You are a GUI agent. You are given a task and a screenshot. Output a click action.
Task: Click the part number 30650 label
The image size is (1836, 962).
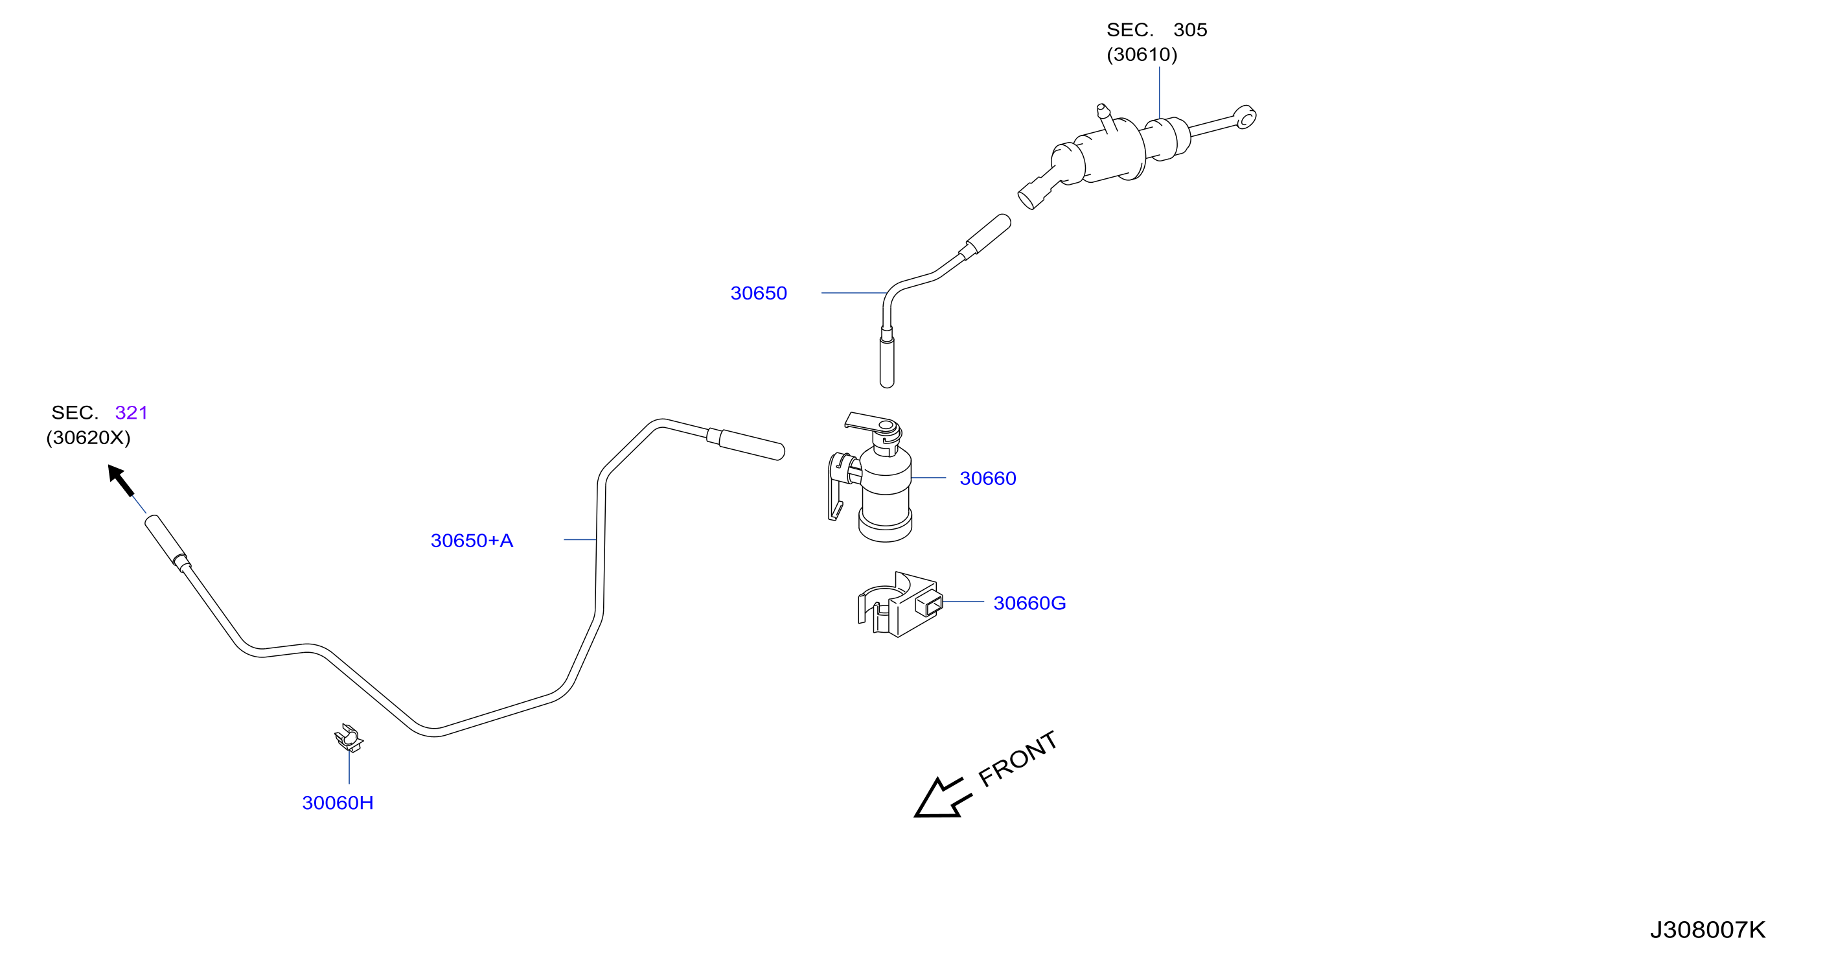click(x=759, y=293)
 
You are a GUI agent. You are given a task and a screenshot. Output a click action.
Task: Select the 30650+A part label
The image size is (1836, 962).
click(x=472, y=541)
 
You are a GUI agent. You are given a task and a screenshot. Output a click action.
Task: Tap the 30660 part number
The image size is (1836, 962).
click(x=988, y=478)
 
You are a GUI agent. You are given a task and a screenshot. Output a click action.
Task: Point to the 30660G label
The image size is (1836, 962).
click(x=1029, y=604)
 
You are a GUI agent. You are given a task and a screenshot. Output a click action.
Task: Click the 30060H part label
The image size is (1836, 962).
click(x=338, y=803)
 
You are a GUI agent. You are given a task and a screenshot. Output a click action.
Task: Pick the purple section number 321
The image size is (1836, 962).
click(x=131, y=413)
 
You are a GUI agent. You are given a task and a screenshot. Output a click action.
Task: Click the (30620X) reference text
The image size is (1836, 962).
click(x=88, y=438)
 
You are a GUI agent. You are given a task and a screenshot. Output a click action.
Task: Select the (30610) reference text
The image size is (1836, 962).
click(x=1142, y=55)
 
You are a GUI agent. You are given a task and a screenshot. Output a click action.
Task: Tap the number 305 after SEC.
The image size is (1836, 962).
click(x=1190, y=30)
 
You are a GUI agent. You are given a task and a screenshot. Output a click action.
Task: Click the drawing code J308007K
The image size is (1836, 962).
click(x=1708, y=930)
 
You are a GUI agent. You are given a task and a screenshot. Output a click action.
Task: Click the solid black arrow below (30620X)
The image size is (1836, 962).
click(x=121, y=480)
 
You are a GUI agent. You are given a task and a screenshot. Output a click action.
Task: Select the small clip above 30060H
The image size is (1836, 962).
click(x=349, y=739)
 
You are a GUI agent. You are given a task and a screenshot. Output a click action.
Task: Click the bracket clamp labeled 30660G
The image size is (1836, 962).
click(x=900, y=605)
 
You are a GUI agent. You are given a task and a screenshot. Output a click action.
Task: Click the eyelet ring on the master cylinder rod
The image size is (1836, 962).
click(x=1245, y=117)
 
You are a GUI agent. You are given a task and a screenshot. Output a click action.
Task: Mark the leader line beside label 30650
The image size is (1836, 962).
click(x=854, y=293)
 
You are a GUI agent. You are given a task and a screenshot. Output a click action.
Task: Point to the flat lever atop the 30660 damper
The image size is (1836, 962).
click(x=871, y=421)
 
